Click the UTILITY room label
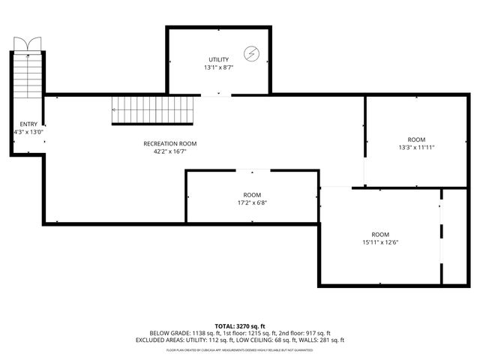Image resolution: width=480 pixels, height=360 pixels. click(x=218, y=59)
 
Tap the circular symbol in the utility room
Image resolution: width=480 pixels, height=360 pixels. click(x=253, y=53)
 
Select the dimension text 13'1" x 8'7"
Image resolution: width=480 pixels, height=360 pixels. click(x=218, y=67)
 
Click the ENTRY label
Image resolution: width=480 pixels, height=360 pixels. click(x=28, y=124)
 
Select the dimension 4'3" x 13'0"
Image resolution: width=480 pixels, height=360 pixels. click(x=28, y=132)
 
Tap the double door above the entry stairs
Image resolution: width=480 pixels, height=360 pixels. click(x=28, y=44)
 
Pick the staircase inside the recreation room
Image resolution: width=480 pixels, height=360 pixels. click(x=153, y=111)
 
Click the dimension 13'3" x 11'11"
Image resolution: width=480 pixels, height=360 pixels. click(x=416, y=148)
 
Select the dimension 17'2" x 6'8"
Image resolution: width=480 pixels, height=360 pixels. click(x=252, y=202)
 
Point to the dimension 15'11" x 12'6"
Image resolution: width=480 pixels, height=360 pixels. click(x=380, y=242)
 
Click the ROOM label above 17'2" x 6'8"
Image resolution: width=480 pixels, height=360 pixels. click(x=252, y=195)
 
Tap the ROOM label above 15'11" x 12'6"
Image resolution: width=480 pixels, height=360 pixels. click(x=380, y=234)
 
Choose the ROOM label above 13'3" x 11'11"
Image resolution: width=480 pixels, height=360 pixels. click(x=416, y=139)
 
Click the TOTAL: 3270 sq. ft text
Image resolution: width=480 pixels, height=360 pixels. click(x=239, y=326)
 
